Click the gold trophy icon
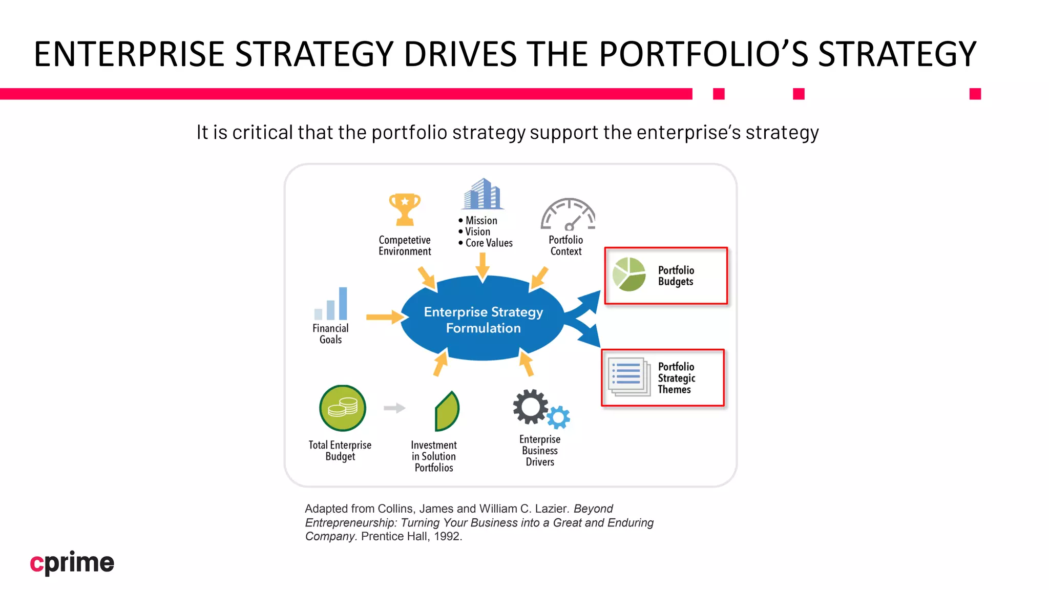coord(405,209)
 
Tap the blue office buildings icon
coord(482,194)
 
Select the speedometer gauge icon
coord(568,215)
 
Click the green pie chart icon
coord(629,274)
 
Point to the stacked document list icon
coord(628,377)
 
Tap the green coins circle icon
coord(342,408)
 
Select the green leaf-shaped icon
coord(447,411)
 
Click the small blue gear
coord(558,417)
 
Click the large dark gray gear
coord(530,407)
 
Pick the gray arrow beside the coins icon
coord(394,408)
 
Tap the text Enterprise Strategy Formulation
coord(483,320)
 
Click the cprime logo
coord(72,562)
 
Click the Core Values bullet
coord(488,243)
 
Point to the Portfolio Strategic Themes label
coord(676,378)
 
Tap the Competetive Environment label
coord(405,246)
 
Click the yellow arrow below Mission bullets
coord(482,266)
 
